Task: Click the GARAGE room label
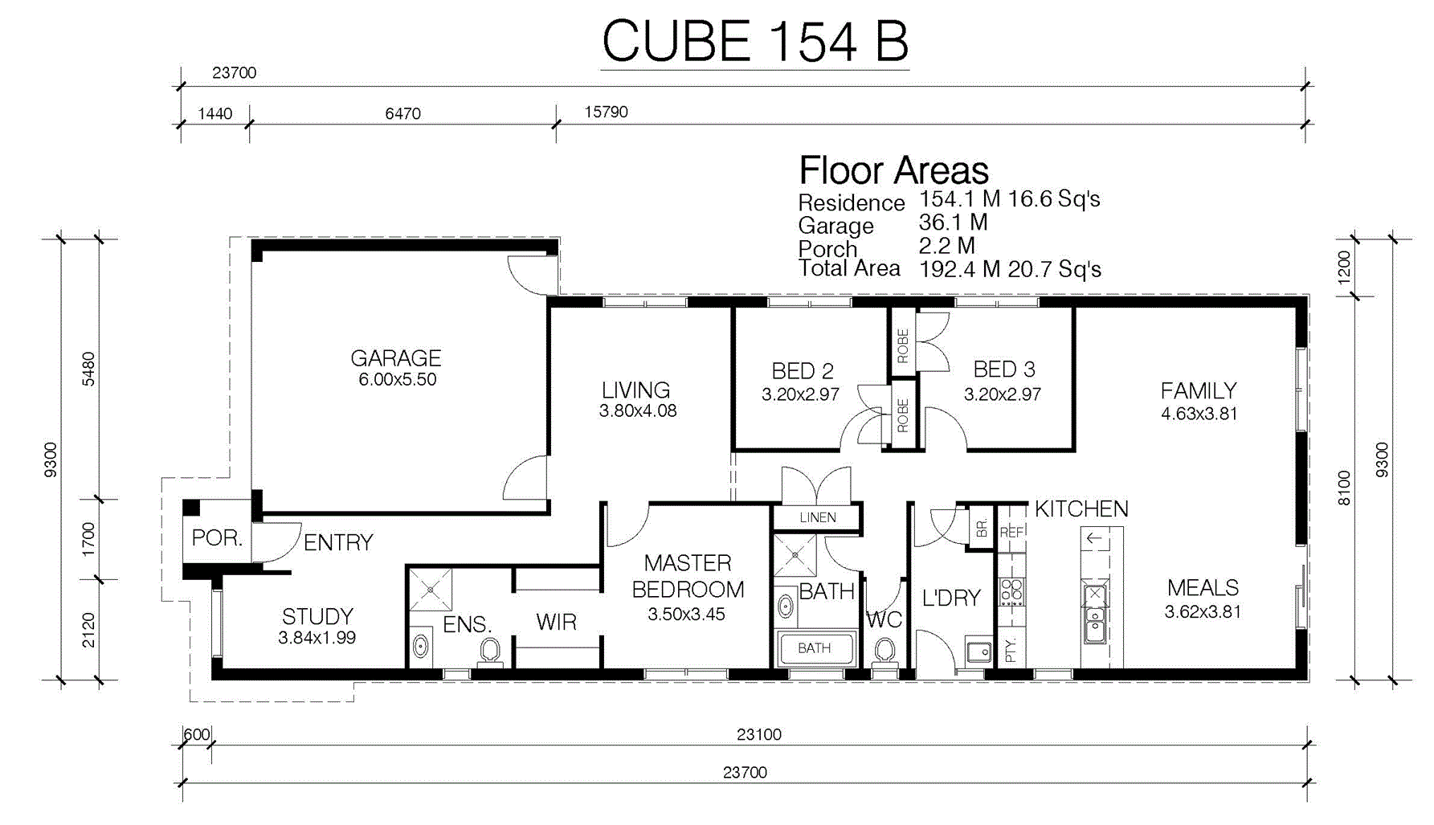(396, 358)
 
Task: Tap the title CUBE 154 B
(755, 41)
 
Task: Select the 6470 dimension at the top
(402, 113)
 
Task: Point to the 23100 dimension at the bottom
(758, 734)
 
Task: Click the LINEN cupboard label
(818, 518)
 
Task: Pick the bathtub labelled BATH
(815, 648)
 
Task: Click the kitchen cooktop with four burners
(1011, 591)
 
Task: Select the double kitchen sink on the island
(1094, 615)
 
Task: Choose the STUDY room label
(317, 616)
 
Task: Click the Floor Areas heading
(893, 170)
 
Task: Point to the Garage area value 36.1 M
(953, 222)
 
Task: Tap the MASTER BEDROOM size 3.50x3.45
(686, 615)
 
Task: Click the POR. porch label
(217, 537)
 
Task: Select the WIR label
(556, 622)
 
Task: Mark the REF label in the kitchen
(1011, 533)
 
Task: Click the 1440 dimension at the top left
(215, 113)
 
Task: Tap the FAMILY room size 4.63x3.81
(1199, 414)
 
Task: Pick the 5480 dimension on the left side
(88, 369)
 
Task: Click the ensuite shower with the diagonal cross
(431, 590)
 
